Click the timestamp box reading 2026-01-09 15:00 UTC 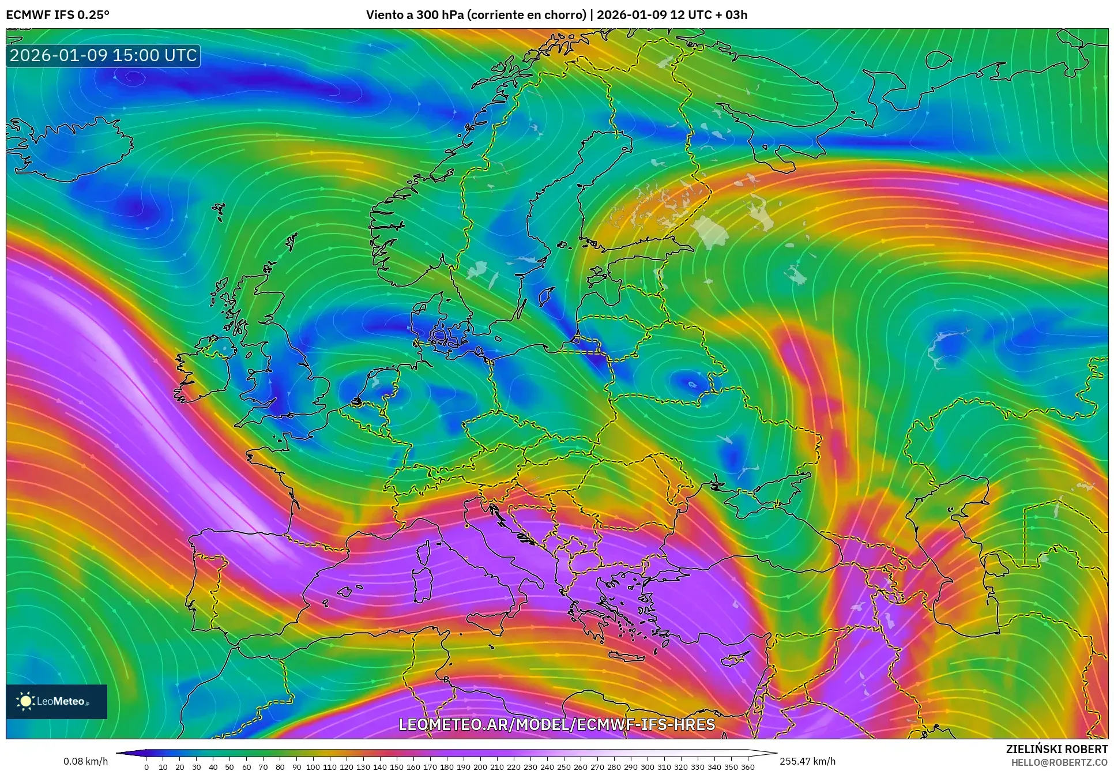coord(103,55)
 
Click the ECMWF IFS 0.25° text coord(57,14)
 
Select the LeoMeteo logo coord(57,701)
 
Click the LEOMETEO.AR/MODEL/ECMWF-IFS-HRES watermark coord(556,724)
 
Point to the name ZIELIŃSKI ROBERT coord(1056,749)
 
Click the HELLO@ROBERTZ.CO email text coord(1059,762)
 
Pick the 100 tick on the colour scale coord(313,766)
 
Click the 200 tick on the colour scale coord(480,766)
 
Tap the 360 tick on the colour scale coord(747,766)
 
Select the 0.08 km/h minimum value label coord(85,761)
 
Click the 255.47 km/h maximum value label coord(807,761)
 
